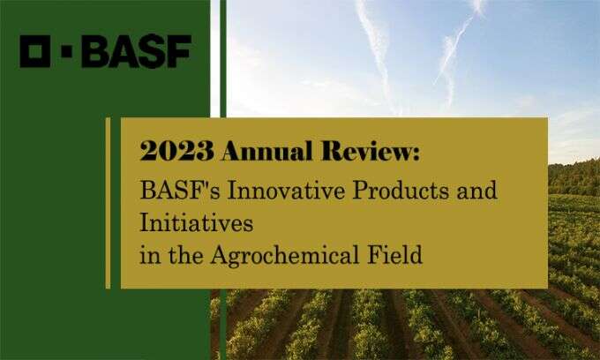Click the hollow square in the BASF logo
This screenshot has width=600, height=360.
click(x=35, y=52)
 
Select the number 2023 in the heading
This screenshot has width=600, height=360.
click(x=176, y=152)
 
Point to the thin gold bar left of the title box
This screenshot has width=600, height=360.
click(x=108, y=202)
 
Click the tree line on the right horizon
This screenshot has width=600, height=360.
click(x=574, y=176)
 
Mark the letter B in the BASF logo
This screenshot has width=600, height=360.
click(x=97, y=52)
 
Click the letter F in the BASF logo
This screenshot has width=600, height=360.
click(x=177, y=52)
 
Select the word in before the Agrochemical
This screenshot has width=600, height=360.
click(x=148, y=256)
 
